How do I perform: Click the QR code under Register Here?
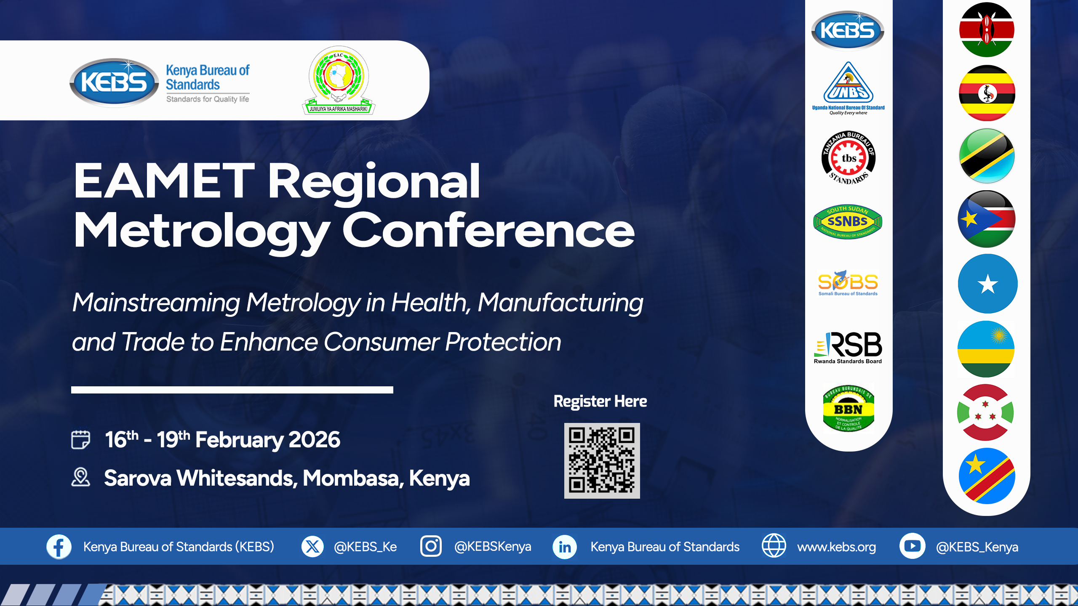602,460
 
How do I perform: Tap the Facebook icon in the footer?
59,547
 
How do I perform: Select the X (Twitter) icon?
312,547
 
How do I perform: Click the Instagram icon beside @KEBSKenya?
431,546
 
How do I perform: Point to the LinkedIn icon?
564,547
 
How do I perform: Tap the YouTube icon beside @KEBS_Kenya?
912,546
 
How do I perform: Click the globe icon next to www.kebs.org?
774,546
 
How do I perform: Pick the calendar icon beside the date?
80,440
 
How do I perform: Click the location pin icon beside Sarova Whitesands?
80,477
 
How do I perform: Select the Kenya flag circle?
987,30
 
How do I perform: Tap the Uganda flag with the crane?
987,93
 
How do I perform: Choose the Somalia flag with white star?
987,284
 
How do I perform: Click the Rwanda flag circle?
986,349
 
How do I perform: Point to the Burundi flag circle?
985,412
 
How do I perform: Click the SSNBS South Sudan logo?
848,222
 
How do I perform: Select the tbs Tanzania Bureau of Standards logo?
849,158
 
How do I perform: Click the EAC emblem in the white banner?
339,80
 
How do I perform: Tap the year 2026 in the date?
314,440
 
